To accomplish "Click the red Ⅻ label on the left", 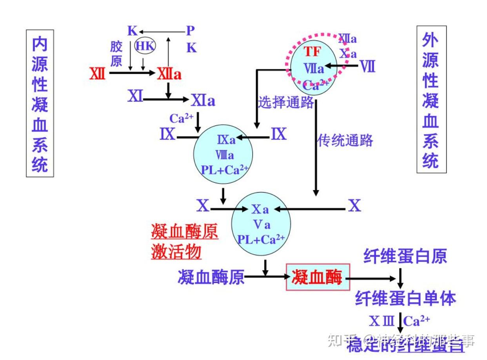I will click(x=97, y=73).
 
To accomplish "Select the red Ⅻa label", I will click(x=169, y=74).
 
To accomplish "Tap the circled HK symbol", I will click(x=145, y=46).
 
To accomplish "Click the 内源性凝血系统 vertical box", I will click(x=40, y=103).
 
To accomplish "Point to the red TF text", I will click(x=313, y=52).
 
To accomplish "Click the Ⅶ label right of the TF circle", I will click(x=368, y=67).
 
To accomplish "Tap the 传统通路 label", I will click(x=345, y=140).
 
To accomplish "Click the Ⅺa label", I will click(x=204, y=101).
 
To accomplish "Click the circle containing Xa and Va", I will click(x=261, y=224).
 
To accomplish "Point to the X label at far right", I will click(x=354, y=205).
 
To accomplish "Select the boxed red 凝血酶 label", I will click(x=318, y=278).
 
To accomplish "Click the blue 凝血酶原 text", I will click(x=211, y=278).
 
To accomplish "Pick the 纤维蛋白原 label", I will click(x=405, y=256).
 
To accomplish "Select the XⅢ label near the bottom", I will click(x=381, y=321).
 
